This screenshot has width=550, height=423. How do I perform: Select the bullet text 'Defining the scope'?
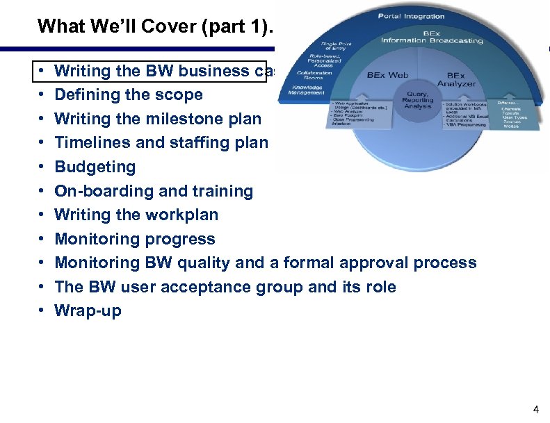(x=129, y=94)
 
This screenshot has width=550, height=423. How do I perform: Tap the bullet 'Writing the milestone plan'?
(x=158, y=119)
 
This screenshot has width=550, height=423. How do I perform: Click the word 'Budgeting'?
(x=95, y=167)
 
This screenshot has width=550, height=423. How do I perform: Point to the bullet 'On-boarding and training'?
(x=154, y=191)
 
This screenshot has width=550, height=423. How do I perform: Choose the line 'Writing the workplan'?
(x=136, y=215)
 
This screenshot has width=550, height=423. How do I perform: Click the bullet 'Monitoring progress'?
(x=135, y=239)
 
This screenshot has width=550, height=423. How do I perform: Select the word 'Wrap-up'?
(x=88, y=310)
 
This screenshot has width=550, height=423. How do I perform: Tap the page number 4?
(x=535, y=410)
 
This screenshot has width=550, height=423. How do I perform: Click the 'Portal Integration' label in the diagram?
(x=412, y=16)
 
